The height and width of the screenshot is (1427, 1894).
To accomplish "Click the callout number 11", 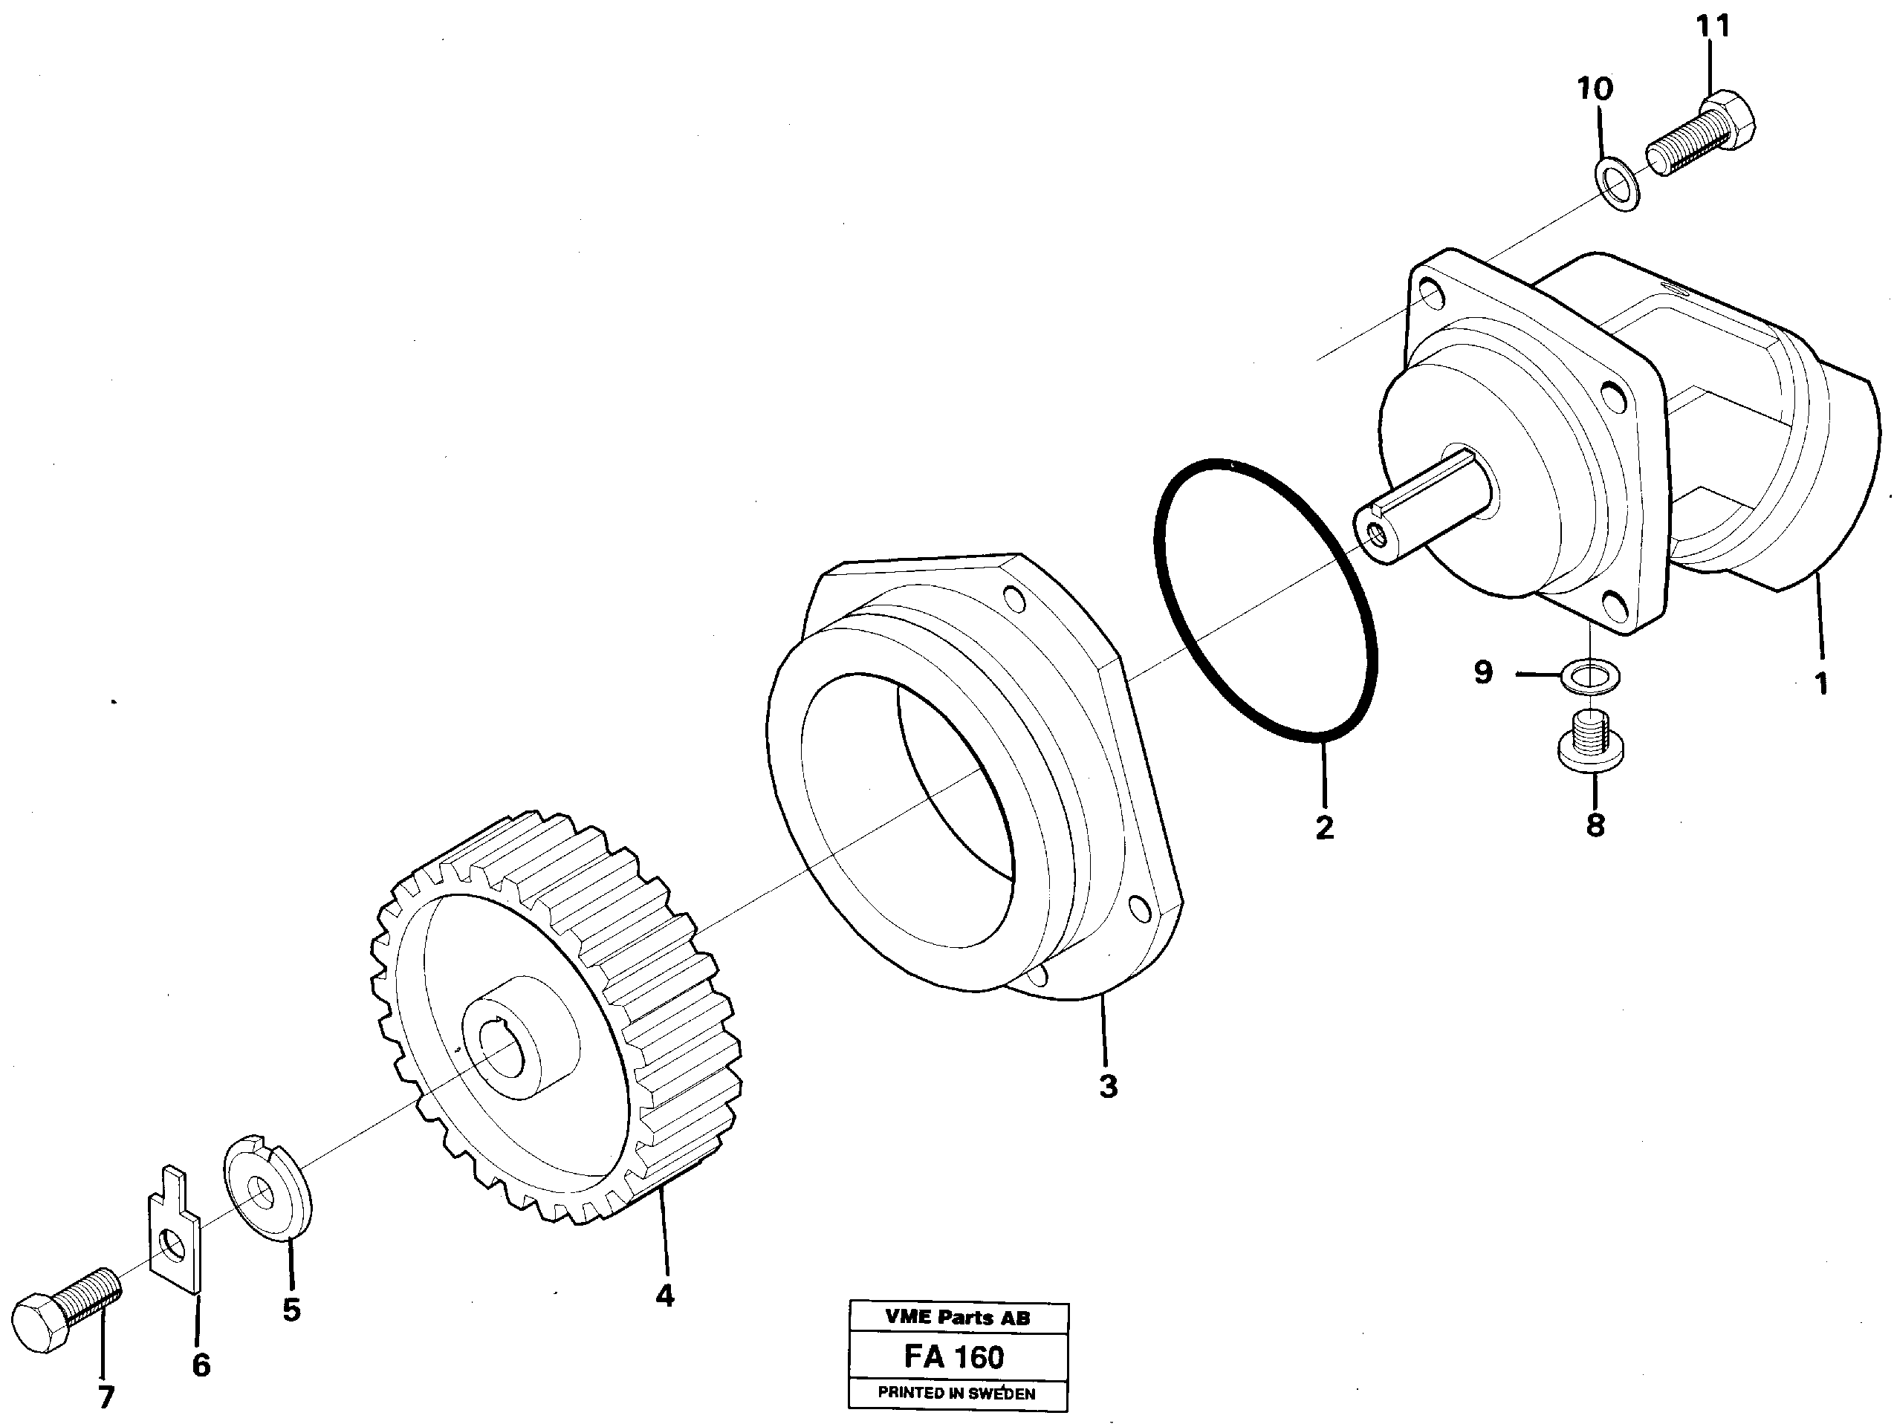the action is pos(1713,27).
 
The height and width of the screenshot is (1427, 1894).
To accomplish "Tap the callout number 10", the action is pos(1595,88).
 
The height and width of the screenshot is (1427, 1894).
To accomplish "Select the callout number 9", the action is pos(1484,672).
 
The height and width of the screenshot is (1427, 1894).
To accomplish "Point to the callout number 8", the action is pos(1595,825).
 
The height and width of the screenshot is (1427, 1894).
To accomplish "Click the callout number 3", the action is pos(1108,1086).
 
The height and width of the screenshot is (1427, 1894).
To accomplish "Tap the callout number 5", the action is pos(292,1310).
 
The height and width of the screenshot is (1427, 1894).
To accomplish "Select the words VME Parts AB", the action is pos(957,1319).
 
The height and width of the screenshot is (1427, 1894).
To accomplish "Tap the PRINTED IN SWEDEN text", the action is pos(957,1393).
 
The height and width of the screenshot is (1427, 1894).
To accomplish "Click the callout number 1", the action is pos(1821,684).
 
